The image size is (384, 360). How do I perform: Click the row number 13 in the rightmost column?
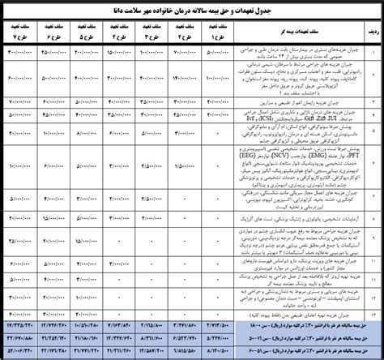coord(373,311)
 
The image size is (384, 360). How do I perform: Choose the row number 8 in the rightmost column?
coord(373,218)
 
